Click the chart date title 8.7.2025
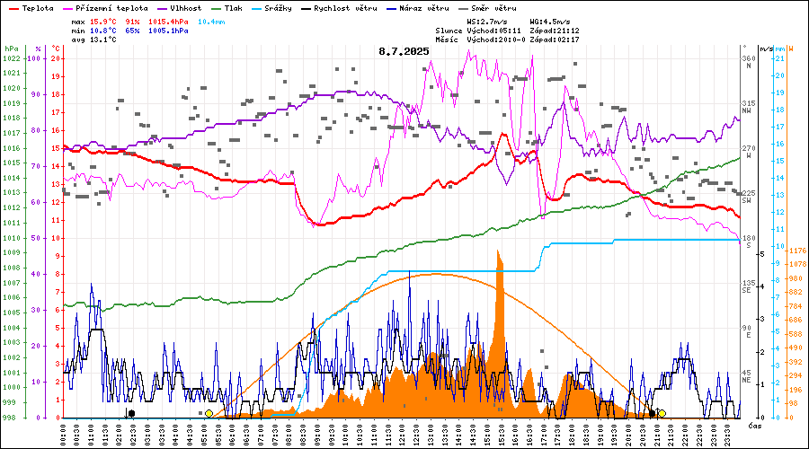click(404, 52)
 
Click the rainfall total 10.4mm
click(212, 21)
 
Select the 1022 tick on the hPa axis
click(12, 58)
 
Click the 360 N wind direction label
click(747, 59)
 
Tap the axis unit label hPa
click(11, 48)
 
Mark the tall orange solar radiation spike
click(499, 269)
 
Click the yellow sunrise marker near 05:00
click(209, 413)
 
